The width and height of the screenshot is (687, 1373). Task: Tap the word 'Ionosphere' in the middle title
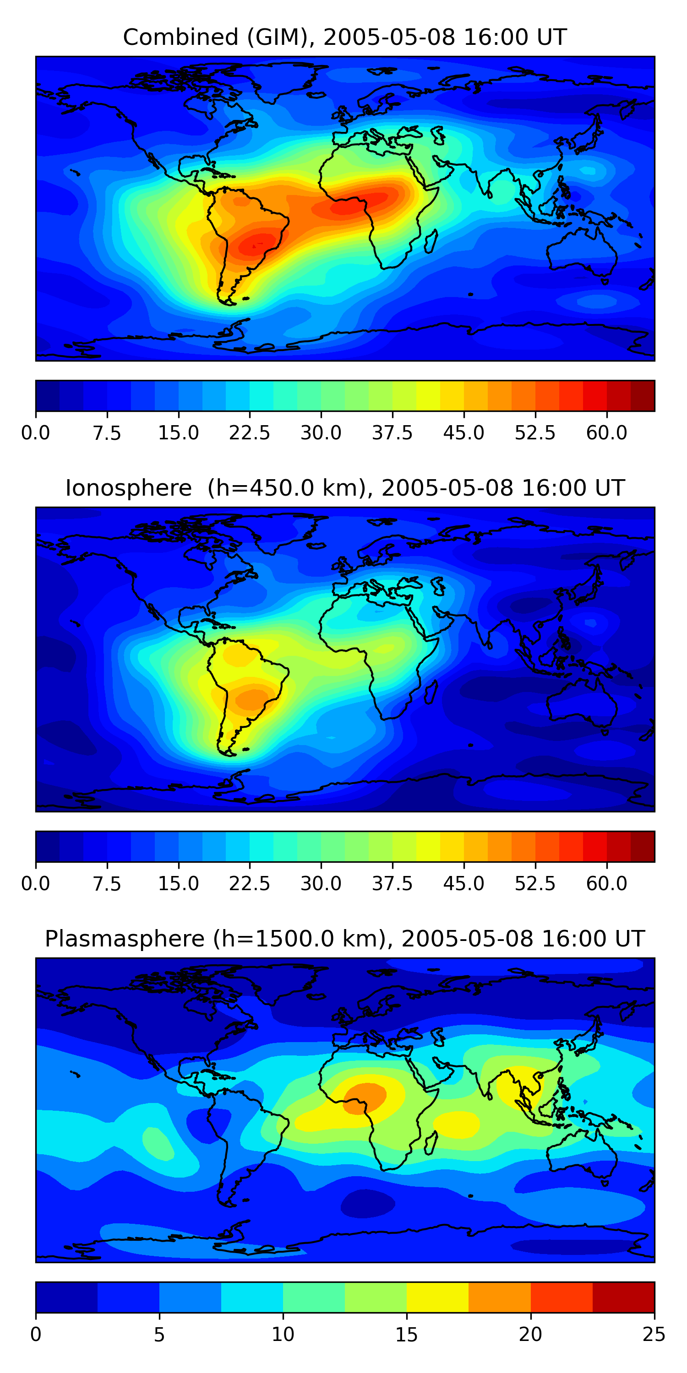(x=129, y=488)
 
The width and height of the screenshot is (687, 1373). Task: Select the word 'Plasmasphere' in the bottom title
(x=124, y=939)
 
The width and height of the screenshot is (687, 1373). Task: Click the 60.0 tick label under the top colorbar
(x=606, y=433)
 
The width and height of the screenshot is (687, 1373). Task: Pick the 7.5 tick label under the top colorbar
(x=107, y=433)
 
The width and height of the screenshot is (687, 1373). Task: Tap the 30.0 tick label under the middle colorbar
(x=321, y=884)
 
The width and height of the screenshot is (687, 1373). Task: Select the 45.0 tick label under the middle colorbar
(x=463, y=884)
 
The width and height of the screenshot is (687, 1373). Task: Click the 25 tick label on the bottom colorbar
(x=654, y=1335)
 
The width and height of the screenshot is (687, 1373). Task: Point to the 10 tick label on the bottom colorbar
(x=283, y=1335)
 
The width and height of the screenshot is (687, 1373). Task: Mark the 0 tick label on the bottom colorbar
(x=36, y=1335)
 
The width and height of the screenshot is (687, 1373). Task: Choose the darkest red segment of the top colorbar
(x=642, y=395)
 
